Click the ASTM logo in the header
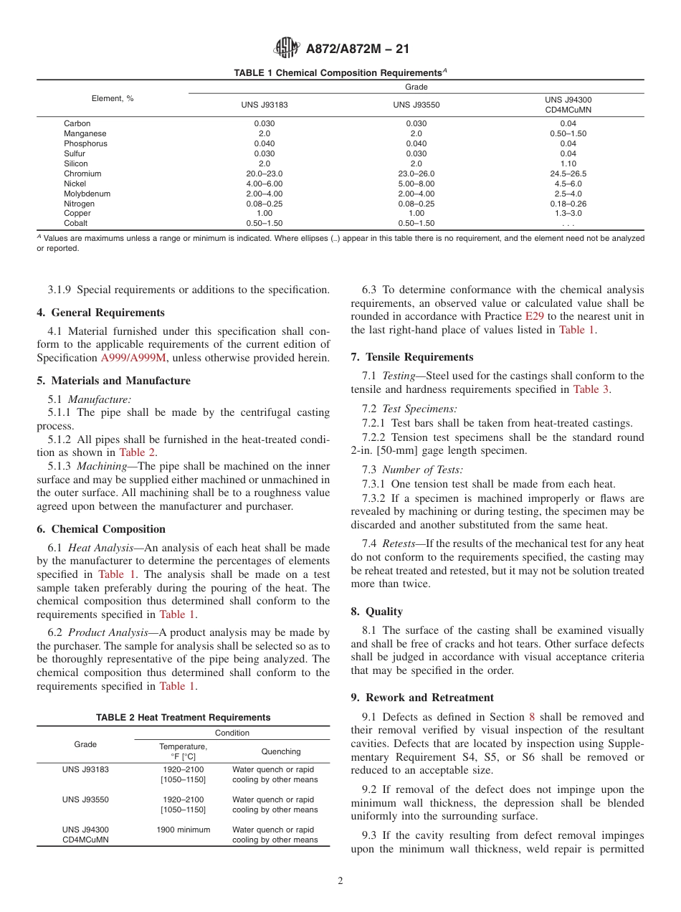click(x=286, y=49)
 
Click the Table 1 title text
click(x=340, y=73)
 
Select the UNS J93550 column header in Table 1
click(x=416, y=105)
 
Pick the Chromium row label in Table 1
click(x=82, y=174)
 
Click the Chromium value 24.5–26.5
click(x=568, y=174)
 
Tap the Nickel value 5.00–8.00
click(x=416, y=184)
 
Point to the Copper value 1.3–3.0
click(x=568, y=214)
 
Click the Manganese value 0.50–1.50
click(x=568, y=133)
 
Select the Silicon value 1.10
click(x=568, y=163)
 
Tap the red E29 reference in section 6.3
click(x=535, y=316)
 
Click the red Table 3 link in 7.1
click(x=591, y=389)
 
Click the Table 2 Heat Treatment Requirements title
click(x=184, y=717)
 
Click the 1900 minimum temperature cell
click(x=184, y=830)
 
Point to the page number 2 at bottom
click(x=340, y=881)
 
